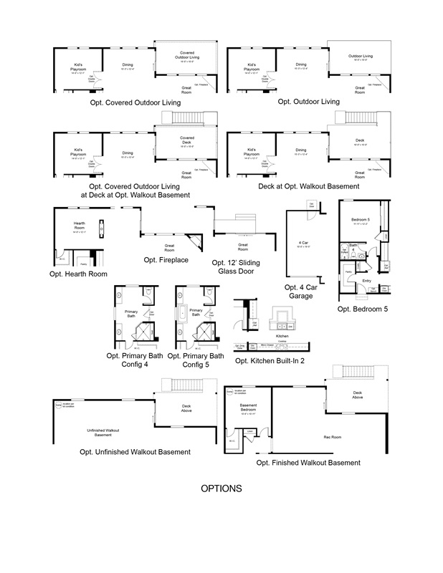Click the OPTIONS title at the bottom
coord(221,489)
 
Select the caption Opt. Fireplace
coord(166,260)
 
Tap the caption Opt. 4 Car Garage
coord(300,291)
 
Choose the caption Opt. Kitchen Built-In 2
coord(270,360)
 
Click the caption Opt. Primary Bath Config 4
coord(137,360)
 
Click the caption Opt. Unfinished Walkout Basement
coord(135,452)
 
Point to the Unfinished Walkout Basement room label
coord(99,432)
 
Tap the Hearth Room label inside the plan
coord(79,226)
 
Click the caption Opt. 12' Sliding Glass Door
coord(236,267)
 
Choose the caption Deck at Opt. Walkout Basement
coord(309,186)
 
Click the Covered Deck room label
coord(186,140)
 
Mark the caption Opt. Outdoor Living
coord(309,102)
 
